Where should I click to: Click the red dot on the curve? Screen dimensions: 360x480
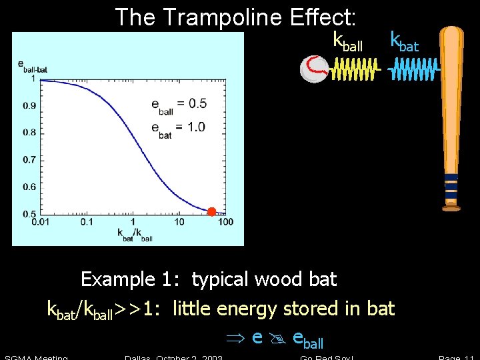click(x=211, y=212)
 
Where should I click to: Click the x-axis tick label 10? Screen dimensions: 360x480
click(x=179, y=221)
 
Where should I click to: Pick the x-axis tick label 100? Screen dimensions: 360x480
click(x=225, y=221)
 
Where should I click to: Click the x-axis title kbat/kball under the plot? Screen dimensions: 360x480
click(x=135, y=234)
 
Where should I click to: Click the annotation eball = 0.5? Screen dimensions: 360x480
click(x=178, y=104)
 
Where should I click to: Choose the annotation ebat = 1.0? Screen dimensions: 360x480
click(x=178, y=128)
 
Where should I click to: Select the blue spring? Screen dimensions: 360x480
click(x=415, y=68)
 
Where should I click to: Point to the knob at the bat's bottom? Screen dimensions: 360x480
click(x=451, y=208)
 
